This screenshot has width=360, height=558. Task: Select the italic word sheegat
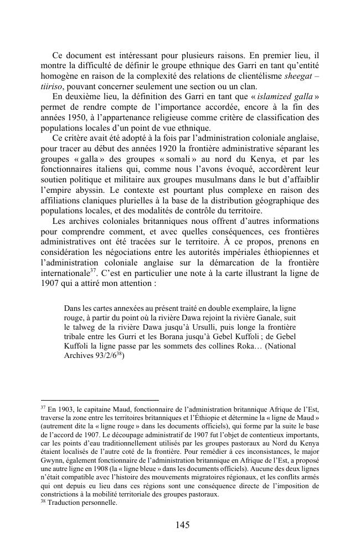click(x=297, y=76)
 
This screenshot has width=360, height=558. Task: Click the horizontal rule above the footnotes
click(x=100, y=400)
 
